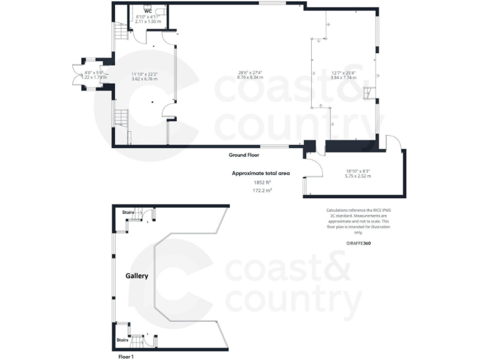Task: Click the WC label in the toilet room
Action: (x=148, y=11)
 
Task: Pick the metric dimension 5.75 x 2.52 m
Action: (x=358, y=176)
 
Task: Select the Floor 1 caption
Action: (x=126, y=356)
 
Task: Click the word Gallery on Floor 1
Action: (x=137, y=275)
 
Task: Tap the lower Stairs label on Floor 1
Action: (x=122, y=340)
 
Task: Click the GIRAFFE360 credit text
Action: (x=358, y=242)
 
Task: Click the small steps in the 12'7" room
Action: (x=369, y=94)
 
